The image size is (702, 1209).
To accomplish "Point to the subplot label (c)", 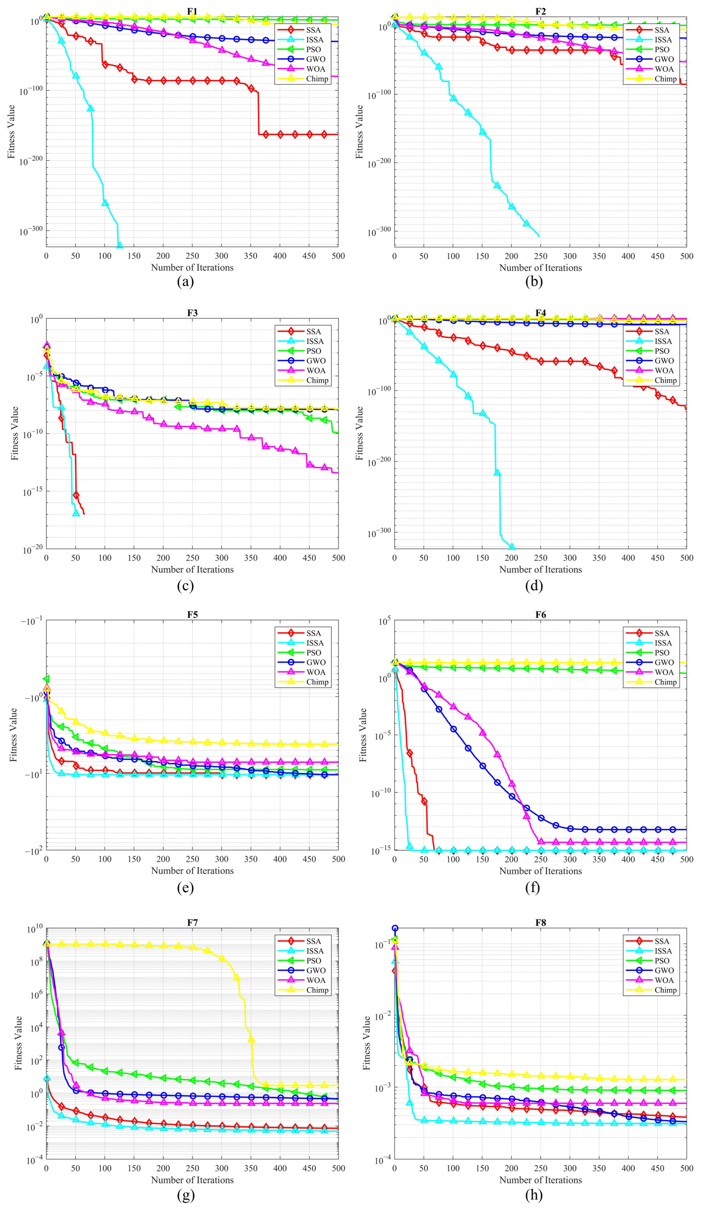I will (186, 585).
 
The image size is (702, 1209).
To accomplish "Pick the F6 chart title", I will (540, 615).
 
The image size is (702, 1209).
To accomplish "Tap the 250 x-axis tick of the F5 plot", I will (192, 859).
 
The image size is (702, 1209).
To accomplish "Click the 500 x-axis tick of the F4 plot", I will (686, 557).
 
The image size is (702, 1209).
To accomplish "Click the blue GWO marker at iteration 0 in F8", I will (395, 928).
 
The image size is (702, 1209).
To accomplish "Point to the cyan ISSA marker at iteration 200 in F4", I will (512, 547).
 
